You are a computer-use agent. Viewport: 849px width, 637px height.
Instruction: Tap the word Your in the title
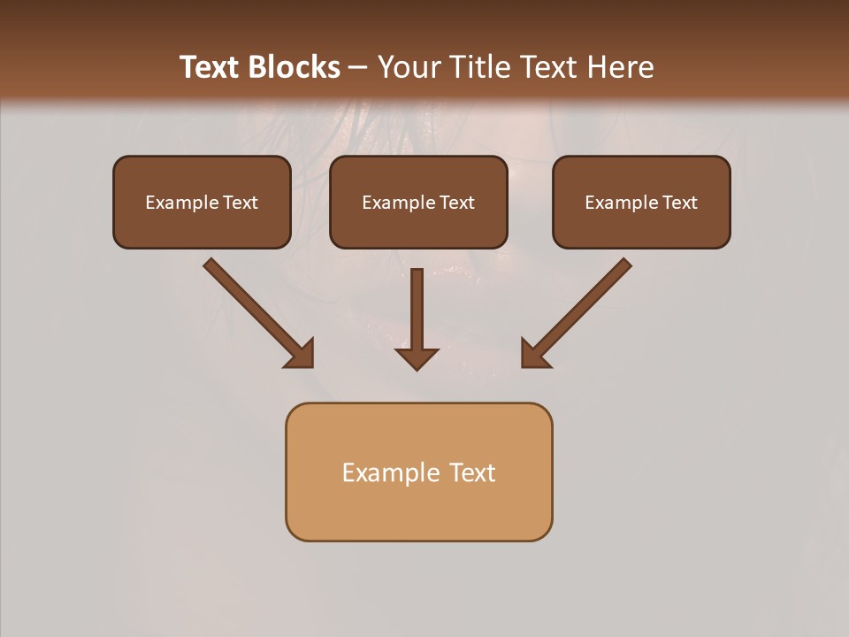pos(410,67)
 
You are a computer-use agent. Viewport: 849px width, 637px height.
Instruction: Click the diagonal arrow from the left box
pos(257,311)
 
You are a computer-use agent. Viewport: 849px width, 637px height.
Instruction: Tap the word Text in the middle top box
pos(457,203)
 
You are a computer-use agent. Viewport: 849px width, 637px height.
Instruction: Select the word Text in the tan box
pos(473,473)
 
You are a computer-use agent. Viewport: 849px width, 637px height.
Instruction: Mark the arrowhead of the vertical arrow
pos(417,357)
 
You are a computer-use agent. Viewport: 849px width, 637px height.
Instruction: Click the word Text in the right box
pos(680,203)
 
